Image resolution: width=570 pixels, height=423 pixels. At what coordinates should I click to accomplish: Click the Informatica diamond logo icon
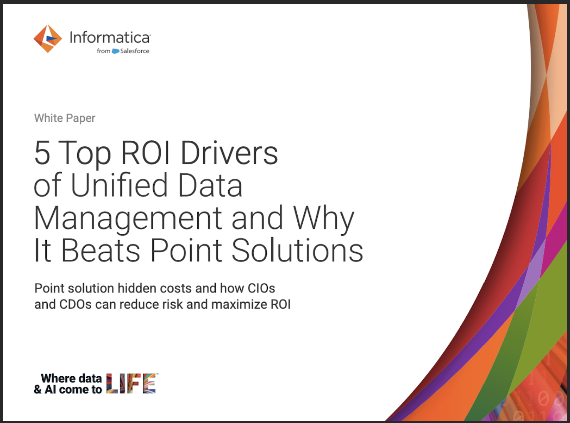pos(48,38)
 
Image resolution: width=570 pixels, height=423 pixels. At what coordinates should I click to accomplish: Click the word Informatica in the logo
pos(110,38)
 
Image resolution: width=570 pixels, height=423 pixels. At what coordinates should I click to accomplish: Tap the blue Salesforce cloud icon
pos(115,51)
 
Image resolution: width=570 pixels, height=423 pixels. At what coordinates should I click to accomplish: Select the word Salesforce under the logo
pos(135,51)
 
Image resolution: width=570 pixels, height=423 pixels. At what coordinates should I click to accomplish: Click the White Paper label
pos(65,118)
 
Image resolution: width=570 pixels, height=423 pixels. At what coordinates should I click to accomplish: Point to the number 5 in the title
pos(42,153)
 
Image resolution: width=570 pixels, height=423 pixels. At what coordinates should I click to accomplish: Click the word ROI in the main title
pos(145,153)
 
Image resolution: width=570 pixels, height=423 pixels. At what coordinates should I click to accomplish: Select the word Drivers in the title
pos(229,153)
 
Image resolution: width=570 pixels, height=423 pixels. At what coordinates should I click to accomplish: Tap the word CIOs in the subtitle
pos(261,288)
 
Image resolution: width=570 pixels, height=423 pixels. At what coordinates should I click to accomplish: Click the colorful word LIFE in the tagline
pos(131,383)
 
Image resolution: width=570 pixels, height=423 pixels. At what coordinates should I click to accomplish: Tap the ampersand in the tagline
pos(38,390)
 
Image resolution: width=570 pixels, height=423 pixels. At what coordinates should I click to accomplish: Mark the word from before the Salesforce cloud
pos(103,51)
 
